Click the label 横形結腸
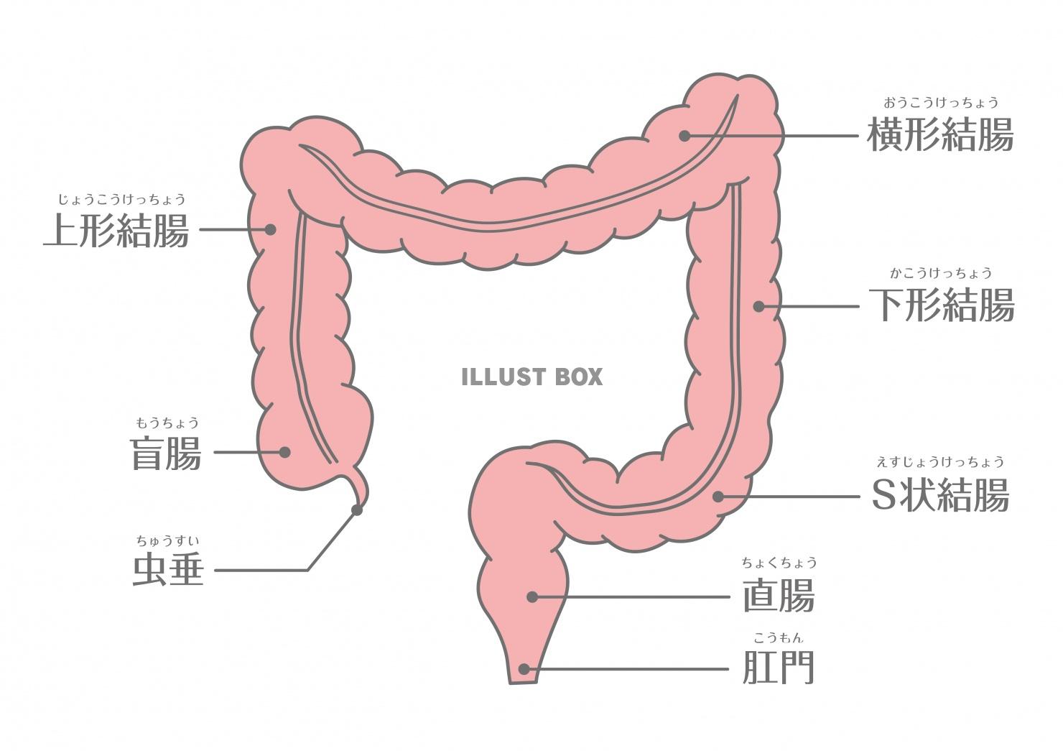(x=940, y=134)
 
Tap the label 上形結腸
(x=116, y=230)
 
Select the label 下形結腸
(x=941, y=305)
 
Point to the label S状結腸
(x=940, y=494)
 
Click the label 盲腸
(x=166, y=453)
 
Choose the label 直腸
(x=779, y=596)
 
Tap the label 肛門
(x=779, y=668)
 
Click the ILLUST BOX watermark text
(x=531, y=377)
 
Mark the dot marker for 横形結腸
(x=684, y=135)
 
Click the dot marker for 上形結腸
(x=270, y=229)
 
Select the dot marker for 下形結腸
(x=758, y=306)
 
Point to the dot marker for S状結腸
(x=718, y=496)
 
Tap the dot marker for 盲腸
(x=284, y=452)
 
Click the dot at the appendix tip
(x=356, y=510)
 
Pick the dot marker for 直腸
(x=532, y=596)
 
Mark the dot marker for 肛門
(x=524, y=669)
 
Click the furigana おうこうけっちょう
(x=940, y=103)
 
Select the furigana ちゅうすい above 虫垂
(x=168, y=540)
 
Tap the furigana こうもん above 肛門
(x=779, y=637)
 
